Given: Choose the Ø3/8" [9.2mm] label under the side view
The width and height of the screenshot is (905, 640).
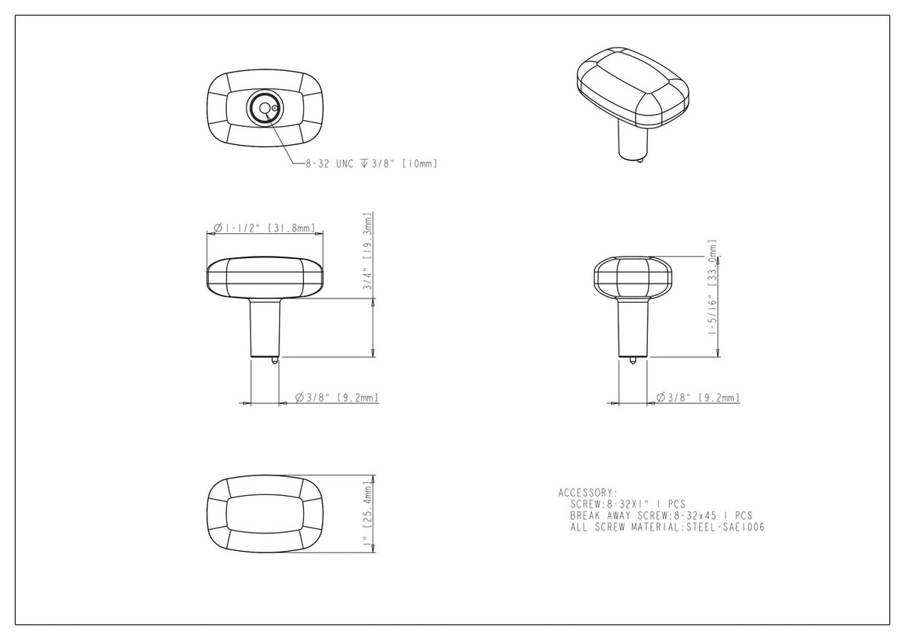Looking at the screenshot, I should pos(698,398).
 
